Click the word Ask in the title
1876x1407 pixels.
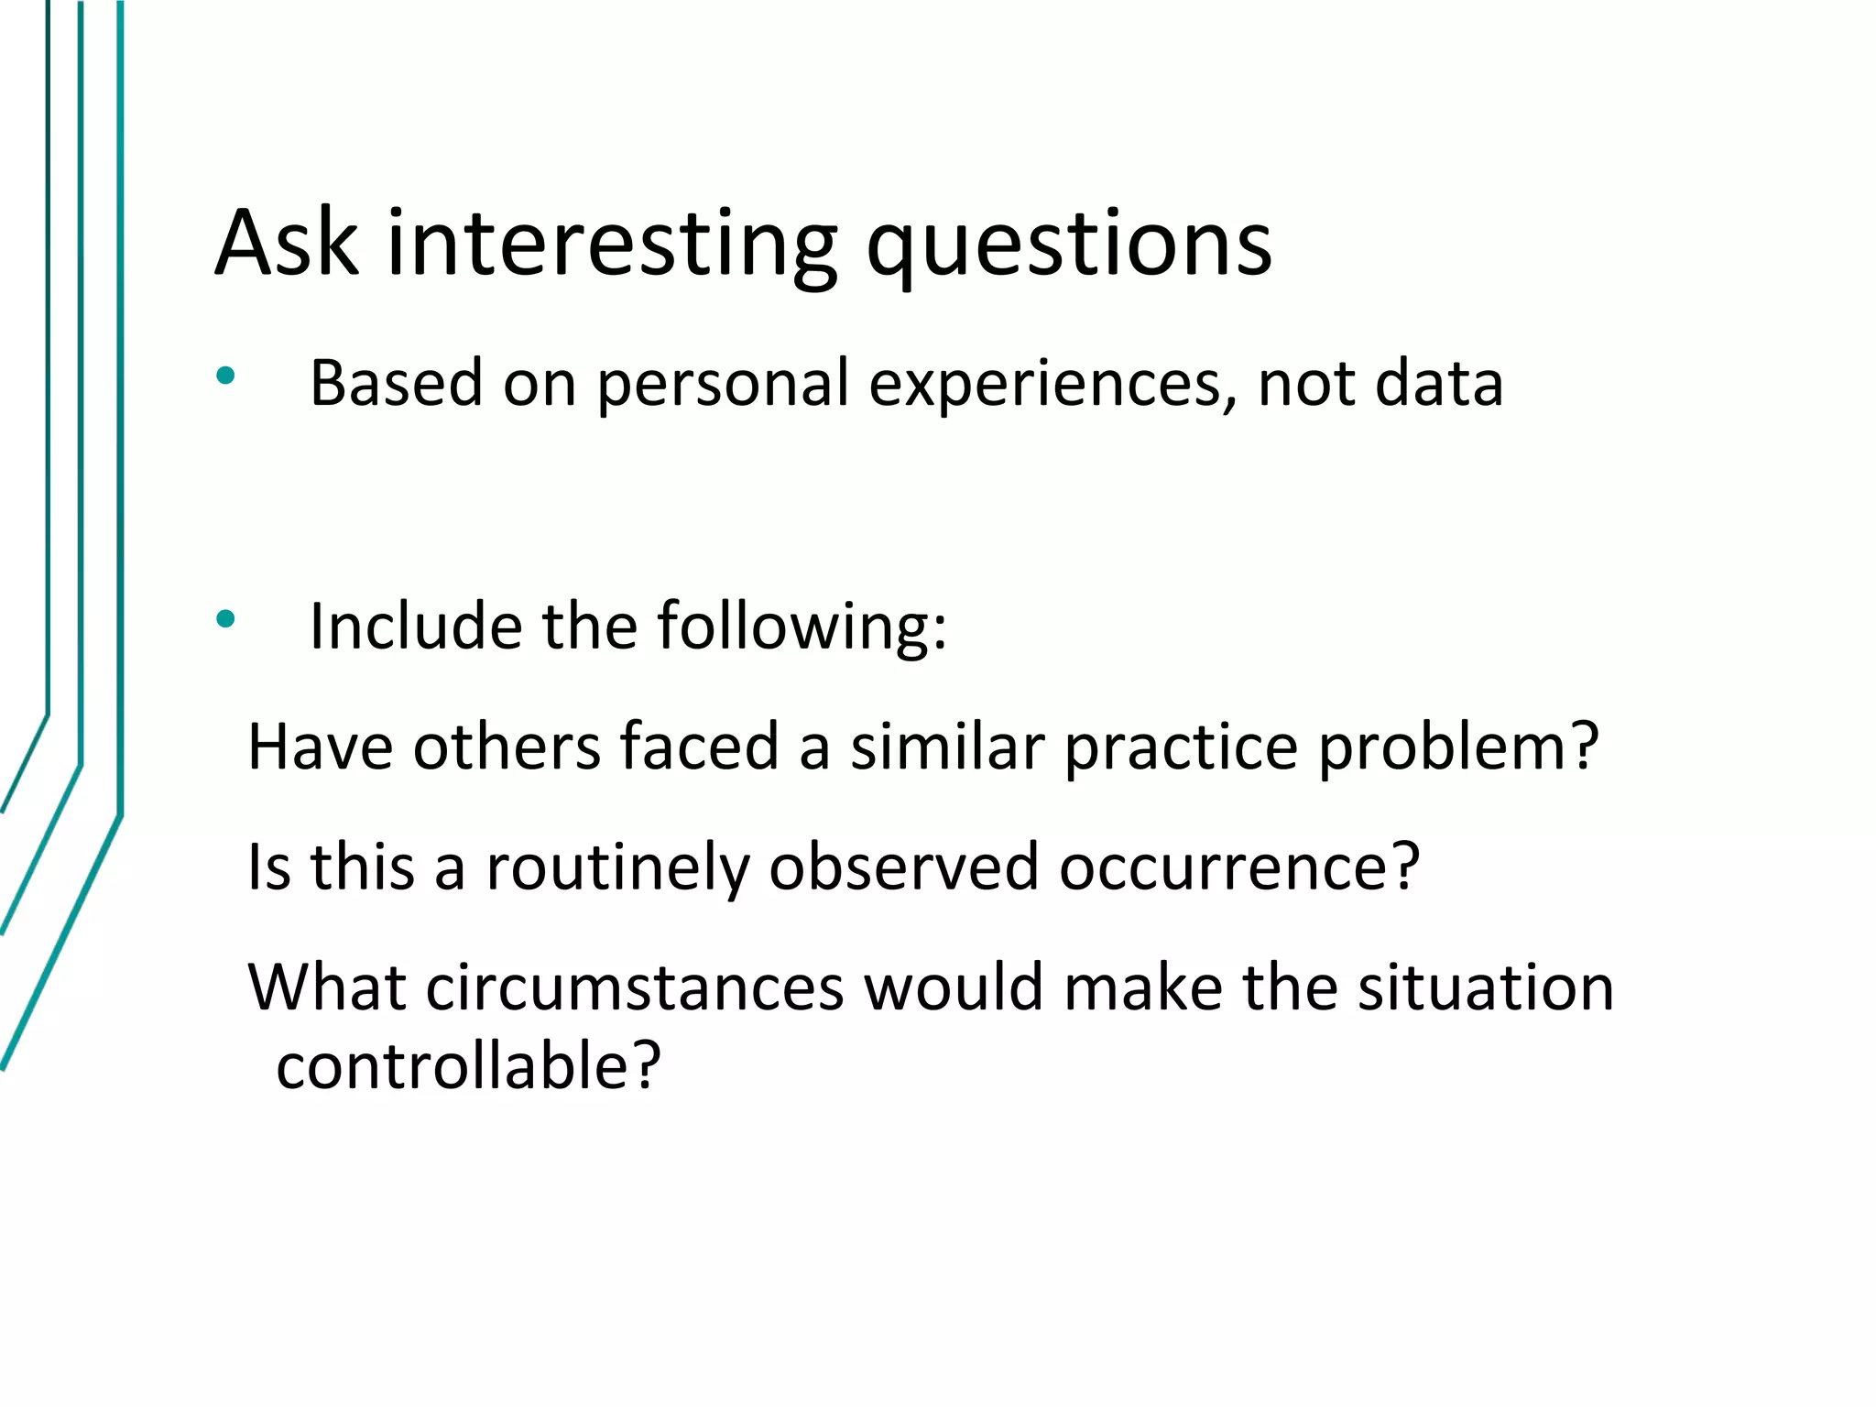[x=286, y=243]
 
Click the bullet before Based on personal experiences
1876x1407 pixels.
[x=225, y=376]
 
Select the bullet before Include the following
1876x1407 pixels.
[x=225, y=620]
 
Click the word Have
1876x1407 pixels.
[x=321, y=747]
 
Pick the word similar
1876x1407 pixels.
[x=947, y=747]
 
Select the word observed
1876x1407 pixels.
[x=903, y=867]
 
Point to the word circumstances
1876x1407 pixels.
[x=634, y=987]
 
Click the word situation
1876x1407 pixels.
[x=1485, y=987]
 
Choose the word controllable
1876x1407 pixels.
[x=467, y=1066]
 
